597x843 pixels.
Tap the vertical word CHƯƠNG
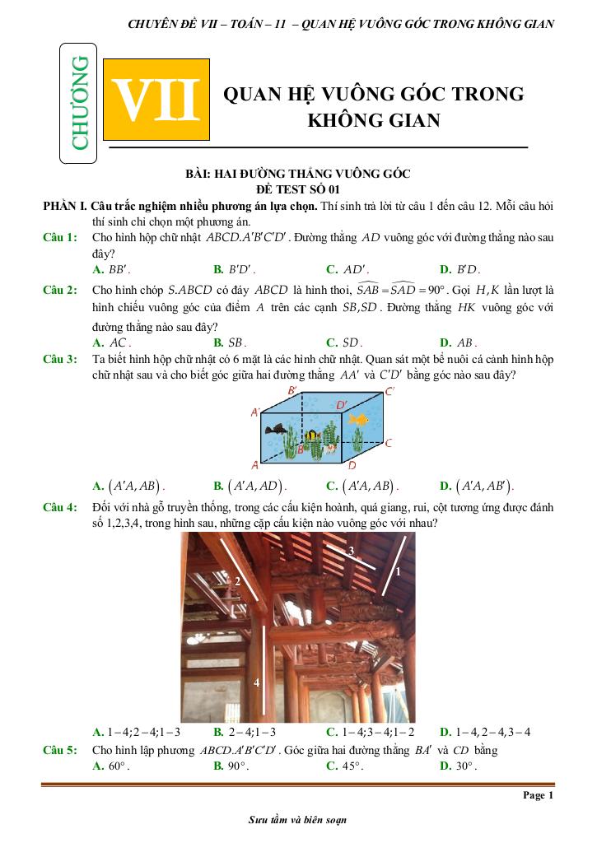click(x=80, y=104)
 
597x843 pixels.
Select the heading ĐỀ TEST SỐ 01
click(x=298, y=189)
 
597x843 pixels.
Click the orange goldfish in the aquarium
click(x=357, y=421)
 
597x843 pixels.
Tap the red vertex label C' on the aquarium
click(x=389, y=392)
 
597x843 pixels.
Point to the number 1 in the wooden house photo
click(x=397, y=571)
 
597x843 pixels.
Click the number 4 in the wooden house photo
click(x=256, y=682)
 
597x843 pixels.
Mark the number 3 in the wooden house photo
click(x=351, y=549)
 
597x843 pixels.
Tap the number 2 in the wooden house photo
click(x=237, y=581)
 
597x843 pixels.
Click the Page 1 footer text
click(x=539, y=795)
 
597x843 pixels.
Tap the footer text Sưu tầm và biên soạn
click(x=297, y=821)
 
